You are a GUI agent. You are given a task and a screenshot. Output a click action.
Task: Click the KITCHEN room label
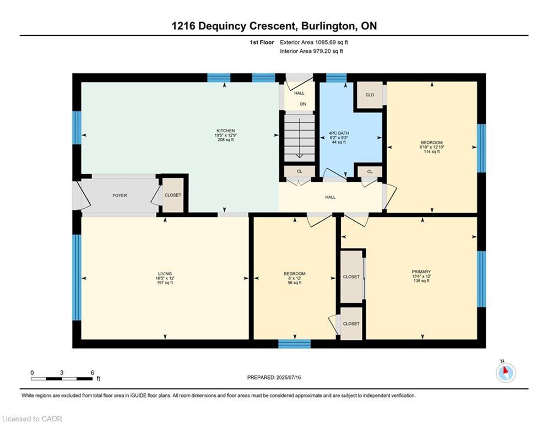(225, 131)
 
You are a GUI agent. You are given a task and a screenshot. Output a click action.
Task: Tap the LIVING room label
(165, 274)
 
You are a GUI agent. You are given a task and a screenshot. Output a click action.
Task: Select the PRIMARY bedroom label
(421, 272)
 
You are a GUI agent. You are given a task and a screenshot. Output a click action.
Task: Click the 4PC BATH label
(339, 133)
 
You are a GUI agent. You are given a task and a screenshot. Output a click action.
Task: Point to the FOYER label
(120, 196)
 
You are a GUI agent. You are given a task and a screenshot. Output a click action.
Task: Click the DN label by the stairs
(303, 104)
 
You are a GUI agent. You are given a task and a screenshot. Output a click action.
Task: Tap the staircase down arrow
(300, 138)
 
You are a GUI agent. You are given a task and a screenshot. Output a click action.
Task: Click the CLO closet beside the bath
(370, 95)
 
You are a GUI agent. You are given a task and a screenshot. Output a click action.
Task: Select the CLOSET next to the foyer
(172, 195)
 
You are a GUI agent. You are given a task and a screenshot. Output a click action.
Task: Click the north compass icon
(506, 373)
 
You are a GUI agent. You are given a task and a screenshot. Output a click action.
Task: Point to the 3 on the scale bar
(62, 373)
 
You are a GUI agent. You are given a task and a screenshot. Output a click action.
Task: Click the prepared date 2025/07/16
(289, 377)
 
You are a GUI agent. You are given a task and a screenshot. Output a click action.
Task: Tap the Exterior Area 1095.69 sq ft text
(314, 42)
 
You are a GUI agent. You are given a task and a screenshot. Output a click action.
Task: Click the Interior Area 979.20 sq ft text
(311, 51)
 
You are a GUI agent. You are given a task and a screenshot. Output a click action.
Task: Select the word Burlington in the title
(328, 26)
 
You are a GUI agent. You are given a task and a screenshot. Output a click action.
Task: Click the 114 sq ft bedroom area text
(432, 151)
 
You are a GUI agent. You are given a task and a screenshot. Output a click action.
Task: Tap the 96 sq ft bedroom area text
(295, 283)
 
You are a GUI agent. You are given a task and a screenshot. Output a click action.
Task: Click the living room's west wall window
(77, 277)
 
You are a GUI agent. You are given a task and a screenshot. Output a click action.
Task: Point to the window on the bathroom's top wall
(336, 78)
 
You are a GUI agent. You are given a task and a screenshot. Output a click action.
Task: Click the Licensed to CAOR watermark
(32, 419)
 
